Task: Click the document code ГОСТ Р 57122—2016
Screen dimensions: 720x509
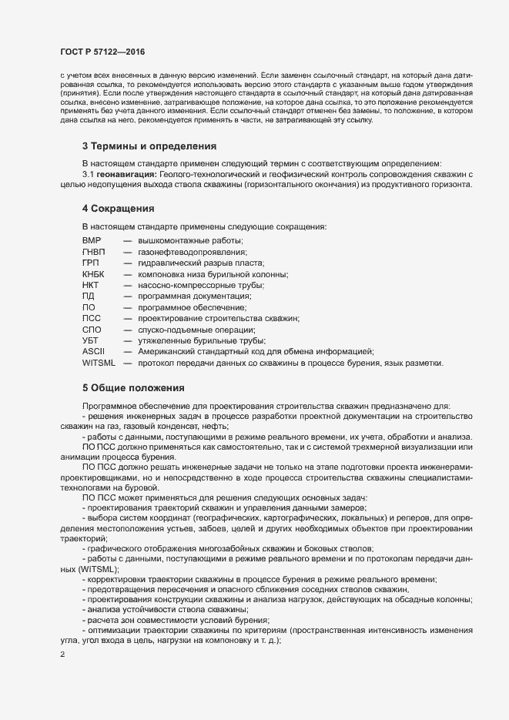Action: click(102, 52)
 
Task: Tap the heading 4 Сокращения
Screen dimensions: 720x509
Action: click(119, 209)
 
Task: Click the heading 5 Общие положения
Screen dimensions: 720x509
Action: click(132, 387)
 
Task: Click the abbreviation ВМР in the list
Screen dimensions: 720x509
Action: click(92, 241)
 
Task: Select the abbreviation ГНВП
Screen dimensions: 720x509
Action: click(93, 252)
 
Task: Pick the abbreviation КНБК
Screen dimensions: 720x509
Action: click(92, 274)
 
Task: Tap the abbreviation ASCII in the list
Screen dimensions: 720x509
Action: click(92, 351)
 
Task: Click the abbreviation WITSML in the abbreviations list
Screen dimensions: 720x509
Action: click(98, 363)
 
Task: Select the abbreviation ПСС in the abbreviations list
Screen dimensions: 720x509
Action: click(92, 318)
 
